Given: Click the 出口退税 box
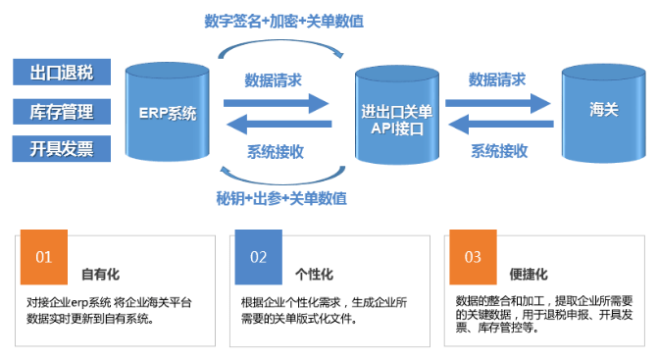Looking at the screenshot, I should click(x=61, y=71).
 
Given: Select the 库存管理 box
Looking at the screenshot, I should click(x=61, y=110).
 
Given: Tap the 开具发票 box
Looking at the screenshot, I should click(x=61, y=148).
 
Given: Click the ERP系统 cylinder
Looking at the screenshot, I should click(x=167, y=112).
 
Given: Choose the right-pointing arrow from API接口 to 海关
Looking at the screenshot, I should click(x=496, y=101).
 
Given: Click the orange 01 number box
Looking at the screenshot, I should click(x=44, y=257).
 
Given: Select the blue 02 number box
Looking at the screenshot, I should click(x=258, y=257).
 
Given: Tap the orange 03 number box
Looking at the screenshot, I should click(x=473, y=257).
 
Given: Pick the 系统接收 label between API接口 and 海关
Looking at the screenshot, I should click(x=499, y=150).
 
